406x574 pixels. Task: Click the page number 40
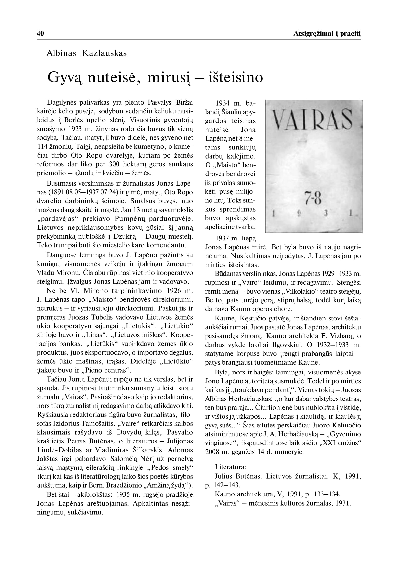click(x=40, y=33)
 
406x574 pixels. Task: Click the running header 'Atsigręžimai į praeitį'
click(x=327, y=34)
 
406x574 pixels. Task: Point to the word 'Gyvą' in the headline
click(x=65, y=78)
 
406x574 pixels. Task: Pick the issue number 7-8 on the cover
click(x=313, y=198)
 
